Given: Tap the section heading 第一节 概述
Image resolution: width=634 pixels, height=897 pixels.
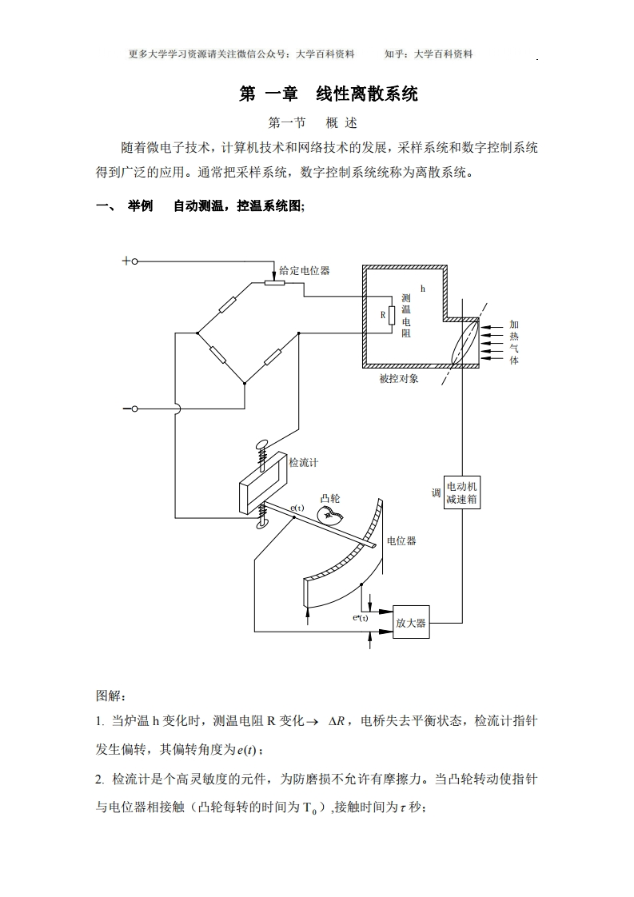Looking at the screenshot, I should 313,123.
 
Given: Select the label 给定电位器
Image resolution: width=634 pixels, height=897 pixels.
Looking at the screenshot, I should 305,271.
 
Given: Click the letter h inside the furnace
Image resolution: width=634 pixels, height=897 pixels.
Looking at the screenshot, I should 423,286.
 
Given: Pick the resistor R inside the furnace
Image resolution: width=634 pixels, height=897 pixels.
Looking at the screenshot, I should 392,315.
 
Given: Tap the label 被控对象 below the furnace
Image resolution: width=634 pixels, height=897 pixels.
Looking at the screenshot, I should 399,378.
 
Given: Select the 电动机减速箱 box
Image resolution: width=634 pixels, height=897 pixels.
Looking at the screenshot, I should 464,492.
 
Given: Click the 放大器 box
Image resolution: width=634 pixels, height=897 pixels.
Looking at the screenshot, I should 411,623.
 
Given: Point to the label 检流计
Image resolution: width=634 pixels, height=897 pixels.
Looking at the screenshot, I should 304,463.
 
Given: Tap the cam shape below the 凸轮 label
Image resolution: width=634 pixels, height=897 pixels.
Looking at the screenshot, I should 329,513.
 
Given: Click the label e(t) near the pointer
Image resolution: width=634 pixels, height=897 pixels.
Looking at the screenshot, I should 297,508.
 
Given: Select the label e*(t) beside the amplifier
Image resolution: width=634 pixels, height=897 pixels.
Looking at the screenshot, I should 361,618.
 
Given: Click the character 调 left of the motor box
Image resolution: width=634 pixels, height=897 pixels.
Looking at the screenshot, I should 437,492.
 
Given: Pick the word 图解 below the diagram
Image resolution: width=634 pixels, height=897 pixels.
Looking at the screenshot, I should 110,696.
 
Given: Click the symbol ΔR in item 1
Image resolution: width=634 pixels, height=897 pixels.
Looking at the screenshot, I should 337,721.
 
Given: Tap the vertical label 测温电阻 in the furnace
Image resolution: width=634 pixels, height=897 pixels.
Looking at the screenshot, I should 405,315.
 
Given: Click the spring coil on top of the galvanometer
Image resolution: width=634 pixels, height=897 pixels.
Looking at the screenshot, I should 261,460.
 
